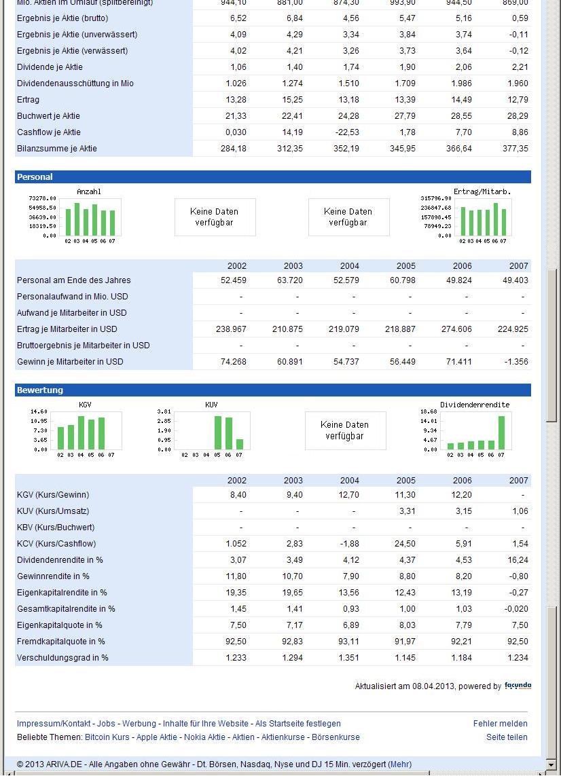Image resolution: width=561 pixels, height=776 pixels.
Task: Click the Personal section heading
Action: (35, 177)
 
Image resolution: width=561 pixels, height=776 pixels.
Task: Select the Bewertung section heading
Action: (39, 390)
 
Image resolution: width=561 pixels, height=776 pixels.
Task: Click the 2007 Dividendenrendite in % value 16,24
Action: (518, 560)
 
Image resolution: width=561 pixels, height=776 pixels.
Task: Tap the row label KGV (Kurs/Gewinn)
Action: (53, 495)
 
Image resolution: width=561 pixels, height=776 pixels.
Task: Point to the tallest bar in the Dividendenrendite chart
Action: (502, 432)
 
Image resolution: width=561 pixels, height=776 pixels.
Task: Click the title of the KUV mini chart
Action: (211, 405)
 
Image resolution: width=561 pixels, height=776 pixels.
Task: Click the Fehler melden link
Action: (500, 724)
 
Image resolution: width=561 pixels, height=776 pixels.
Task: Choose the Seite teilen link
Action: (507, 737)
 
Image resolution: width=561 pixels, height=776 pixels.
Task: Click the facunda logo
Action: (518, 686)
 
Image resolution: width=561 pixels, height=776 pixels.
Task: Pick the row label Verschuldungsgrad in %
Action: (62, 658)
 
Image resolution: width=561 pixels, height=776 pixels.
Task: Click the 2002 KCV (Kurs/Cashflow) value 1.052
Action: (234, 544)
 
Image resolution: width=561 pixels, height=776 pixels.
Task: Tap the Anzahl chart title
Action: (89, 192)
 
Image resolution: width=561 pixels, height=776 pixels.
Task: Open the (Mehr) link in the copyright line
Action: (399, 764)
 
